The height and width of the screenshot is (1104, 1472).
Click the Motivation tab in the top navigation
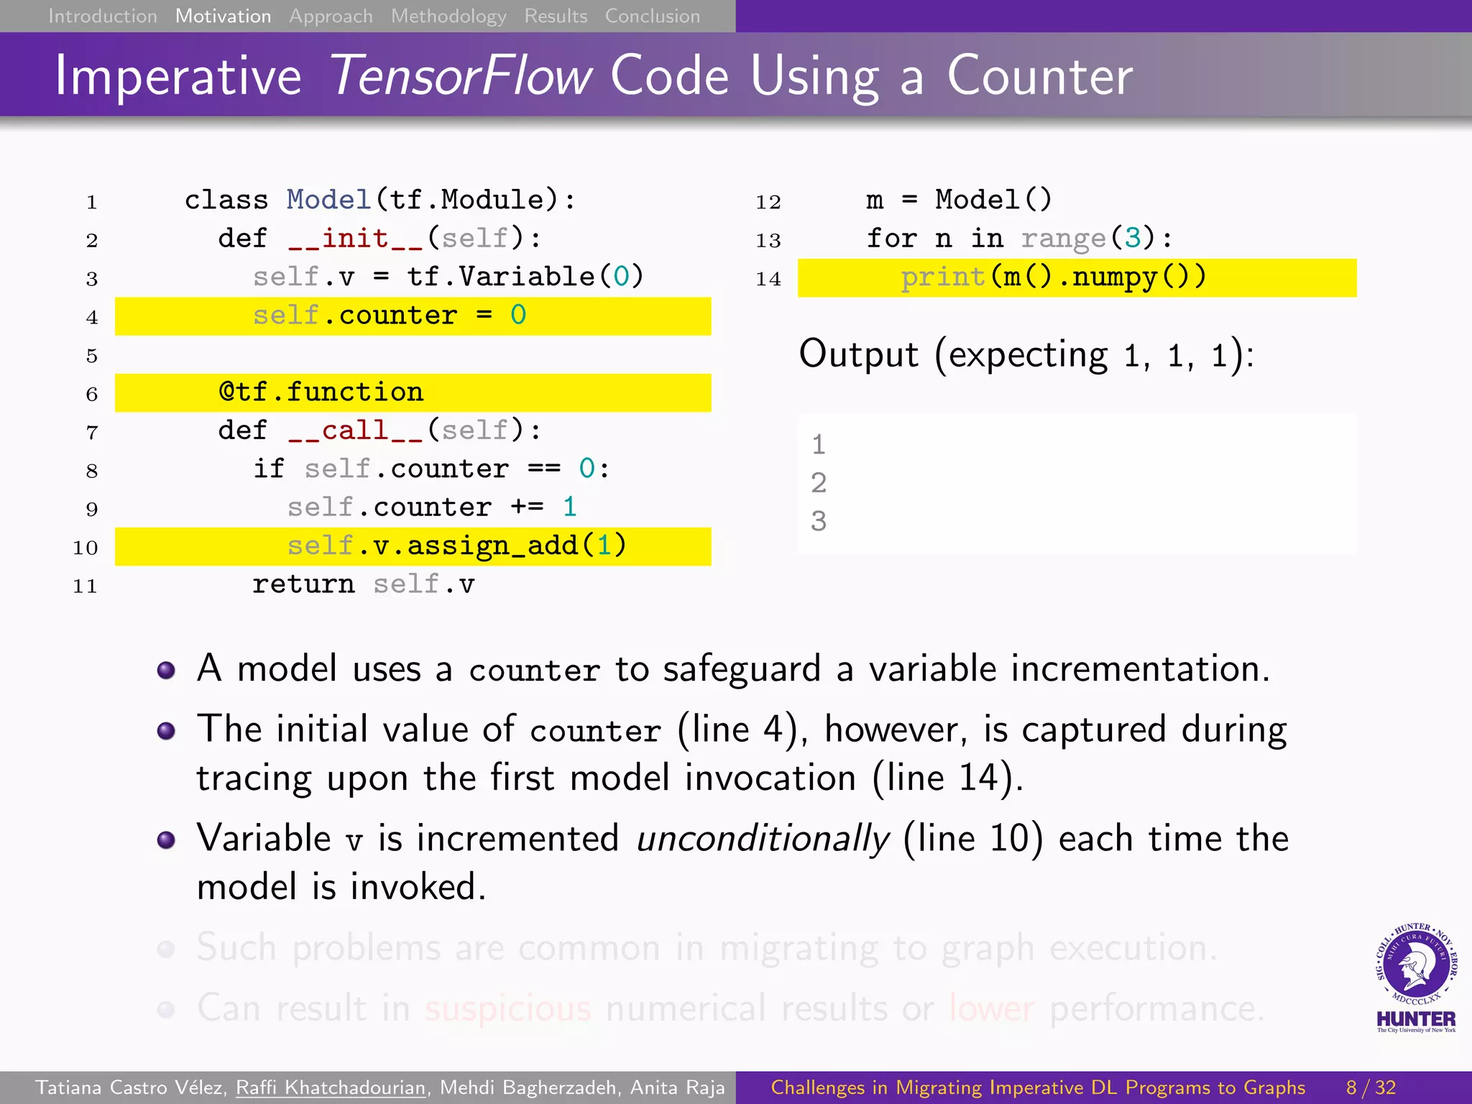[x=223, y=16]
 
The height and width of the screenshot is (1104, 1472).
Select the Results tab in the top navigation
[x=556, y=16]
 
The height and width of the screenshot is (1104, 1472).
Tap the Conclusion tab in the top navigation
[x=652, y=16]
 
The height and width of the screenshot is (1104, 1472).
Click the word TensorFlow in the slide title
[x=461, y=75]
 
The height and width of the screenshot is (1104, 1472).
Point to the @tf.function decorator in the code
[x=321, y=392]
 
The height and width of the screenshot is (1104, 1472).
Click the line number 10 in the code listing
[x=85, y=548]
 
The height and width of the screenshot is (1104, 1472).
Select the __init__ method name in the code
[x=355, y=238]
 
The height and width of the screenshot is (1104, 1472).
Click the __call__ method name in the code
[x=355, y=431]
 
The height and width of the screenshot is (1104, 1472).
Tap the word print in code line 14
[x=942, y=277]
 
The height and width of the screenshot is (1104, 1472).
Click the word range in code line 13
[x=1063, y=238]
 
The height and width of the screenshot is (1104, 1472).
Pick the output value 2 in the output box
[x=819, y=483]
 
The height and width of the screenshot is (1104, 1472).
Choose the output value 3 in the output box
[x=819, y=521]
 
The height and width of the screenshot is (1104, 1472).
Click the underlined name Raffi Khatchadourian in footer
[x=331, y=1087]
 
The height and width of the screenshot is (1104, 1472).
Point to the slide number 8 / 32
[x=1371, y=1087]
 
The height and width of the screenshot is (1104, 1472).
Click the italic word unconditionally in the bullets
[x=763, y=839]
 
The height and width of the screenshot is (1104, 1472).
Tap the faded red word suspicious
[x=507, y=1008]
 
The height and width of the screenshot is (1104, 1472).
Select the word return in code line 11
[x=303, y=584]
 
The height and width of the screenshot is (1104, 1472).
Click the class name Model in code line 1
[x=328, y=200]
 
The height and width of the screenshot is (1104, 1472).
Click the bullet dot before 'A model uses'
[x=166, y=671]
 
